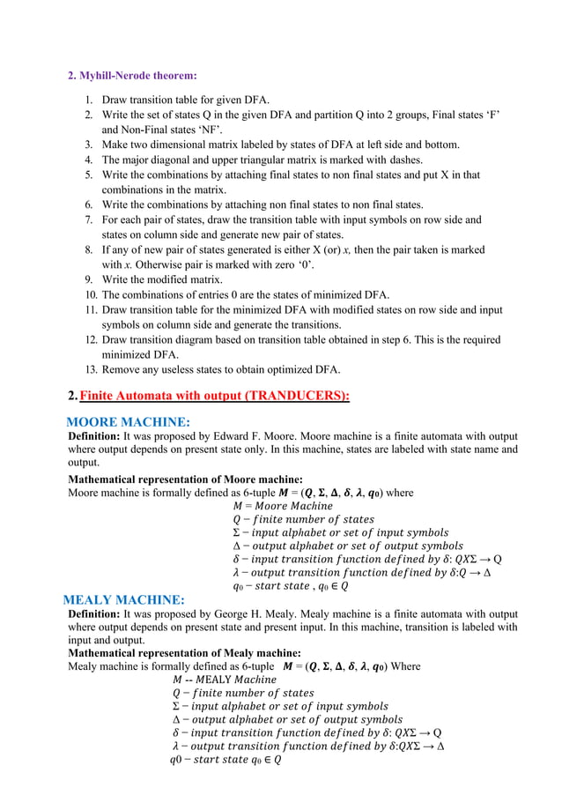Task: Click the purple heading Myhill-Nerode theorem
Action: pyautogui.click(x=132, y=75)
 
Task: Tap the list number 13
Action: pyautogui.click(x=90, y=369)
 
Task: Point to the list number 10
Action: pyautogui.click(x=90, y=293)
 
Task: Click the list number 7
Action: pyautogui.click(x=90, y=219)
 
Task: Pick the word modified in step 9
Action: pyautogui.click(x=164, y=279)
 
